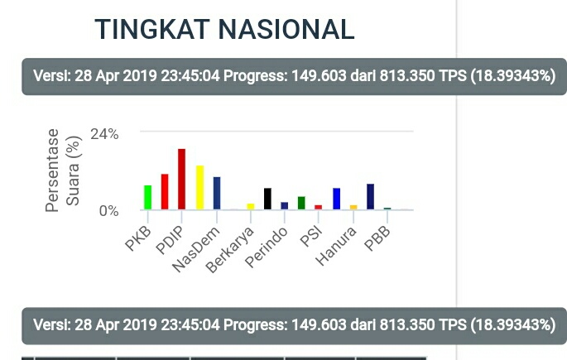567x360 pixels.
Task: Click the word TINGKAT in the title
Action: pos(152,29)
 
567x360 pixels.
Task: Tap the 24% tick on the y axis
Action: pos(104,133)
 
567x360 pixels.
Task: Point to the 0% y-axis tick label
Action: pos(108,210)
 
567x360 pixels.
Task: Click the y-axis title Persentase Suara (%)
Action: pos(63,170)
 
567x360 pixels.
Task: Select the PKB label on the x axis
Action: pos(137,237)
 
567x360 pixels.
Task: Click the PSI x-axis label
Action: pos(311,236)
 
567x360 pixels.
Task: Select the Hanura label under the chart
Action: pos(338,244)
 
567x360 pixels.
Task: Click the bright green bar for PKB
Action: pos(147,197)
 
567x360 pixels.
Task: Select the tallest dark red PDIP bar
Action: pos(181,179)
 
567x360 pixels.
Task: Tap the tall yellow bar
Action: pos(199,187)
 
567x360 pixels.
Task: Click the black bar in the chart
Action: pos(267,199)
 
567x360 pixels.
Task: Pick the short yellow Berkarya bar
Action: pos(251,206)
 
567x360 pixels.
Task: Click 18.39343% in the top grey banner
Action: pos(512,76)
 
